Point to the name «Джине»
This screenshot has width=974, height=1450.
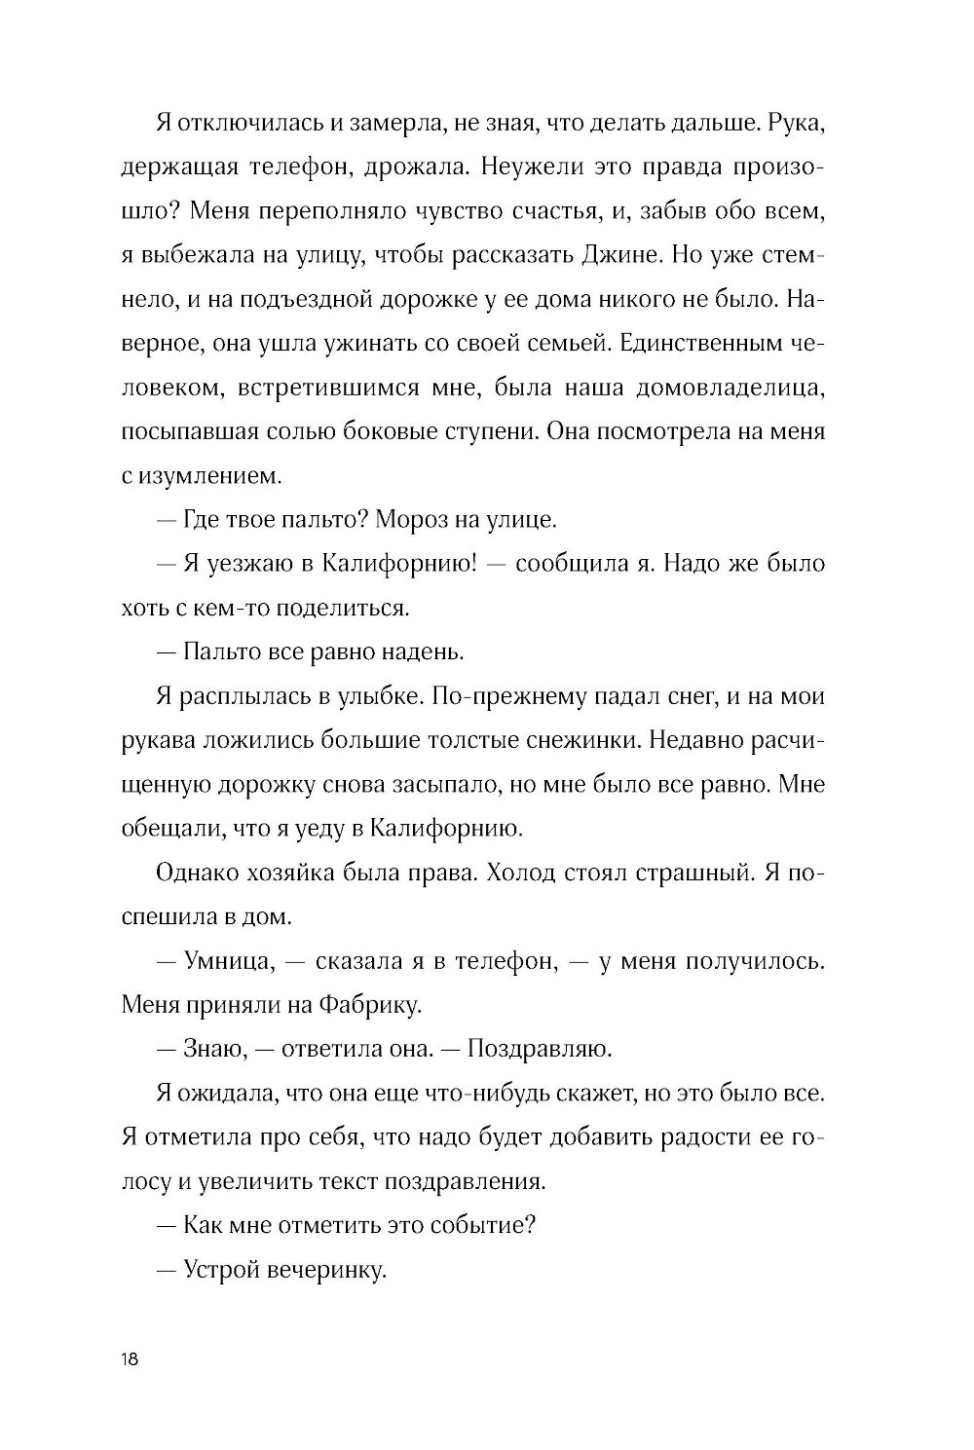669,256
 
